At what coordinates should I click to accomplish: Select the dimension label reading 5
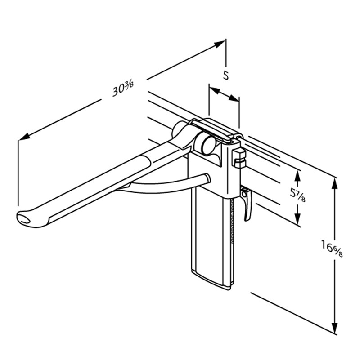[x=226, y=76]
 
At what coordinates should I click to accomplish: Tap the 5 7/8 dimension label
[x=298, y=195]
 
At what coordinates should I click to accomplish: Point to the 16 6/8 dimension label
[x=332, y=249]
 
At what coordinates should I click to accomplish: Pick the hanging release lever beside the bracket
[x=247, y=203]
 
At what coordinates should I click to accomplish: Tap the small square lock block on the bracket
[x=239, y=158]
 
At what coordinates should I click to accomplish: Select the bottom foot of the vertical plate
[x=211, y=280]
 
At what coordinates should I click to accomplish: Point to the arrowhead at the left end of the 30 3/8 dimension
[x=24, y=137]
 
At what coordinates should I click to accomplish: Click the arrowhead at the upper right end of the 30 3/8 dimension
[x=219, y=44]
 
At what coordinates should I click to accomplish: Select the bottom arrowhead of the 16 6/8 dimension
[x=335, y=326]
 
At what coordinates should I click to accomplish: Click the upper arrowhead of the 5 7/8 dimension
[x=297, y=177]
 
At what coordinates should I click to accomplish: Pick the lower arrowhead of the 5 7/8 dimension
[x=297, y=218]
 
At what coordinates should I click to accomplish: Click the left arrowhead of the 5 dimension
[x=215, y=90]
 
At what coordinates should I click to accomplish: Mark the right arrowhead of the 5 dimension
[x=234, y=98]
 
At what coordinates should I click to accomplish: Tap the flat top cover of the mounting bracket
[x=214, y=129]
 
